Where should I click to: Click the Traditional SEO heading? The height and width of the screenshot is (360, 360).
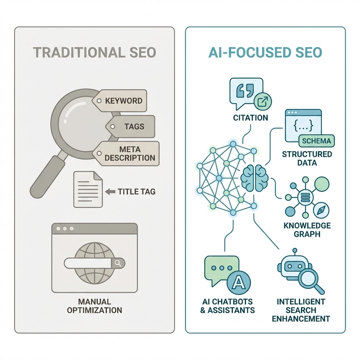[x=95, y=52]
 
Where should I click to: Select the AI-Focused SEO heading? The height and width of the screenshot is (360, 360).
[x=265, y=52]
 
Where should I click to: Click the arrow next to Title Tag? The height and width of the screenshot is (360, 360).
[x=110, y=192]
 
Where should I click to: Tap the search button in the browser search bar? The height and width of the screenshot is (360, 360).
[x=118, y=263]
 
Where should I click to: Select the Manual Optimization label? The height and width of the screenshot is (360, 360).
[x=95, y=306]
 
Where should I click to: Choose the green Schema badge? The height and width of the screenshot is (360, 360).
[x=316, y=141]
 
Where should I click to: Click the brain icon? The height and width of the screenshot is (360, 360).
[x=255, y=178]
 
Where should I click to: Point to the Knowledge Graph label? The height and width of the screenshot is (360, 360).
[x=307, y=230]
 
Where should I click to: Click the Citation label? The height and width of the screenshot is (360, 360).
[x=251, y=117]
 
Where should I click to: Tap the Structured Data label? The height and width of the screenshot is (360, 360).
[x=307, y=158]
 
